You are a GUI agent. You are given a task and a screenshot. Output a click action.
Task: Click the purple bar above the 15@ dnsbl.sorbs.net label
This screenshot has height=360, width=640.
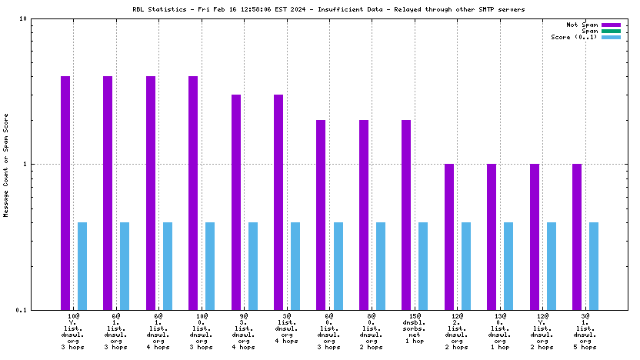406,215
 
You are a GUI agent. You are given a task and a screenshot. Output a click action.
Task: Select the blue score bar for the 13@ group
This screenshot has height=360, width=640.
508,265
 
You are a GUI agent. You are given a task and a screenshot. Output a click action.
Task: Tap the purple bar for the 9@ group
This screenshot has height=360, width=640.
236,202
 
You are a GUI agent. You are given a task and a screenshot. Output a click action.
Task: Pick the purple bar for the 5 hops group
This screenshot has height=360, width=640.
577,236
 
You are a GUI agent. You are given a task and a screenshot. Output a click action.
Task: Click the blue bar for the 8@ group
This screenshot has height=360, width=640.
380,265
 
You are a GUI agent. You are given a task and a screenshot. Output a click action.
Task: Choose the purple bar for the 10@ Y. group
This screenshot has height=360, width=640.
65,192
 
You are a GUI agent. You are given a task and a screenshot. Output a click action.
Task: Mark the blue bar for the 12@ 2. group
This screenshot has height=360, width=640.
465,265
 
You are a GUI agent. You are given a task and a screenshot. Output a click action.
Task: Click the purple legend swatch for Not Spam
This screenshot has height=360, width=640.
611,25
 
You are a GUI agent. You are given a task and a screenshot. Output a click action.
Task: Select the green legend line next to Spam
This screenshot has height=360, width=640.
611,31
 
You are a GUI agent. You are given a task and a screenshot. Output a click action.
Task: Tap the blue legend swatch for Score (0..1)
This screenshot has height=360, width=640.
611,37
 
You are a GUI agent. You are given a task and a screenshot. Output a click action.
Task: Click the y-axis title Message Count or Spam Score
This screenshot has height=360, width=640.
6,165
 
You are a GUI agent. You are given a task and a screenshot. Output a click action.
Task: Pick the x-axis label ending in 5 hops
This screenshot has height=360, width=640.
585,331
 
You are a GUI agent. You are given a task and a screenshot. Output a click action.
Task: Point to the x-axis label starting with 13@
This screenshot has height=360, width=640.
499,331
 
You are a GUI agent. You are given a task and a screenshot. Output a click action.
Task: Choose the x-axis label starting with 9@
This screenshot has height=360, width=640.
244,331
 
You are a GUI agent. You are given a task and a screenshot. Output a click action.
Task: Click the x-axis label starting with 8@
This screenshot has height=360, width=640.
372,331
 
